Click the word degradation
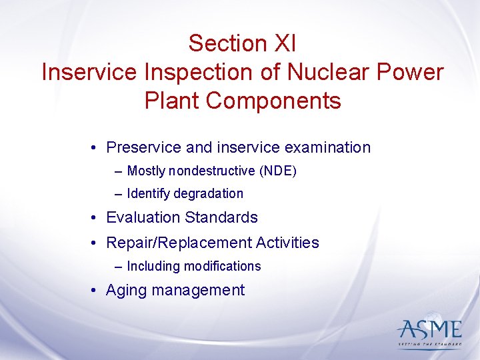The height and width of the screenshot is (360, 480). click(208, 194)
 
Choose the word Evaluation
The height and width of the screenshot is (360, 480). click(143, 218)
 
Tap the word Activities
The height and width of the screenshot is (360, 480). click(288, 243)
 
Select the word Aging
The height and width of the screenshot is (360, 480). click(127, 291)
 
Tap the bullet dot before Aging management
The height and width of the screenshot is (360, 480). click(97, 291)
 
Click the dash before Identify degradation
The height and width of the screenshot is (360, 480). click(118, 194)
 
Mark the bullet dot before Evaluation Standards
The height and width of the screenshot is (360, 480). click(97, 218)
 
